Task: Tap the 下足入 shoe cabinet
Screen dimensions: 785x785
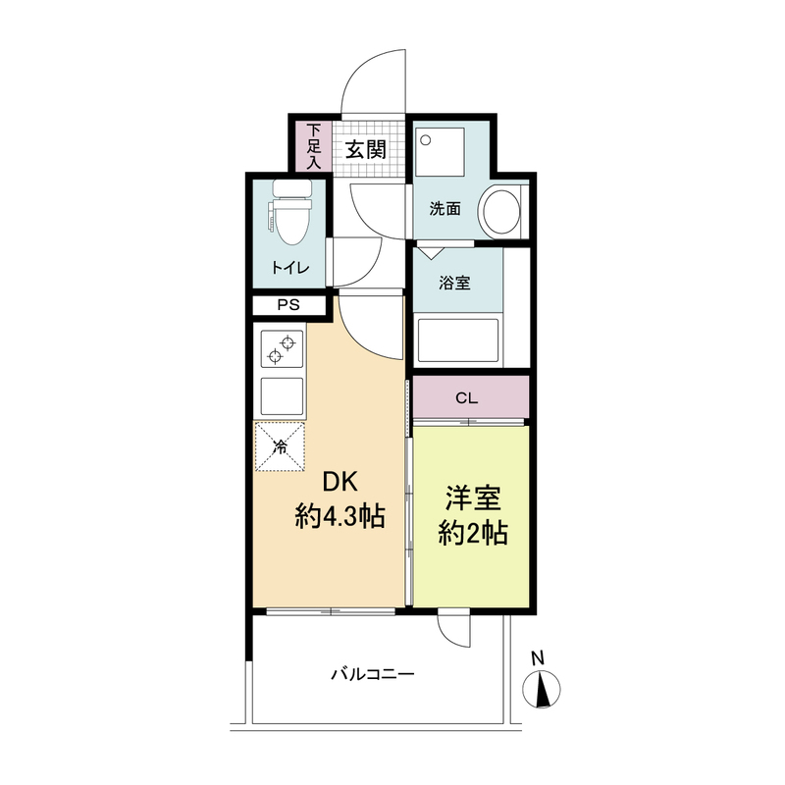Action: (313, 146)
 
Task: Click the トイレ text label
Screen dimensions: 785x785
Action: (290, 269)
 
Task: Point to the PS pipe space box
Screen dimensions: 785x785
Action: (287, 305)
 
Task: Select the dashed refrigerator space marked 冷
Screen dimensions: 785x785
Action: (281, 447)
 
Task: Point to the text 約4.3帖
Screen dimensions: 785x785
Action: (340, 517)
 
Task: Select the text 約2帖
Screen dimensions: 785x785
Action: (472, 534)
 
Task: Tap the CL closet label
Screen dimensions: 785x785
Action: (468, 398)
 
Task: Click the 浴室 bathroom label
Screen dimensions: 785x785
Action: (453, 284)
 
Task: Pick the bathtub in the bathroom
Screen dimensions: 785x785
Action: (458, 340)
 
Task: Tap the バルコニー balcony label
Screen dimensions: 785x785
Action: (372, 674)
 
